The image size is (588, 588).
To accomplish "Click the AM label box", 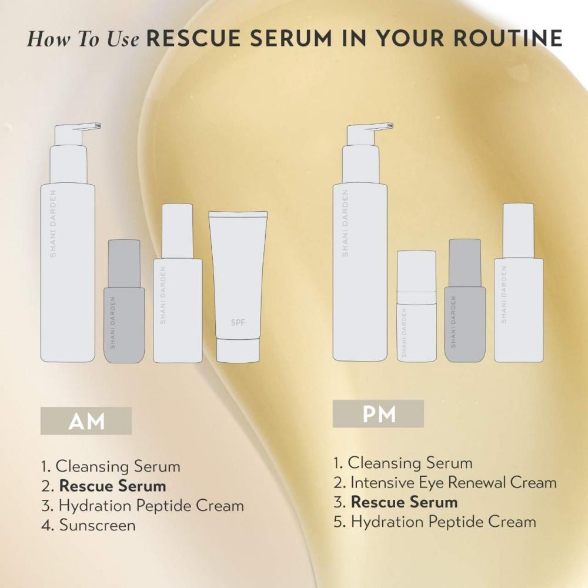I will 86,420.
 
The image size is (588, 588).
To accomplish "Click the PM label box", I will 378,413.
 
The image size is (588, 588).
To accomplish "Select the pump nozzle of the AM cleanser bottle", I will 88,126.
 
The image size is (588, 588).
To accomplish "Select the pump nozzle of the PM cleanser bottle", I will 380,126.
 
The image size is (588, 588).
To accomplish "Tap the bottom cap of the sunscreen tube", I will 238,350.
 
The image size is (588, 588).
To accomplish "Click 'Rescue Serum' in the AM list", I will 112,486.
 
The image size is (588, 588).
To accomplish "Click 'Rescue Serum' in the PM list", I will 404,502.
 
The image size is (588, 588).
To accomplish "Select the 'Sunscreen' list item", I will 97,525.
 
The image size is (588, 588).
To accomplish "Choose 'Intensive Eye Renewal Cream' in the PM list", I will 453,483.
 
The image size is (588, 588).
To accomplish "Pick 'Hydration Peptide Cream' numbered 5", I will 443,522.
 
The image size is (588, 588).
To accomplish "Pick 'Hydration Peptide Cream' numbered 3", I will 151,506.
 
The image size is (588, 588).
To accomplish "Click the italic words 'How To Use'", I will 83,39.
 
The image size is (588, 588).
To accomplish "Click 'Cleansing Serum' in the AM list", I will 118,467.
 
